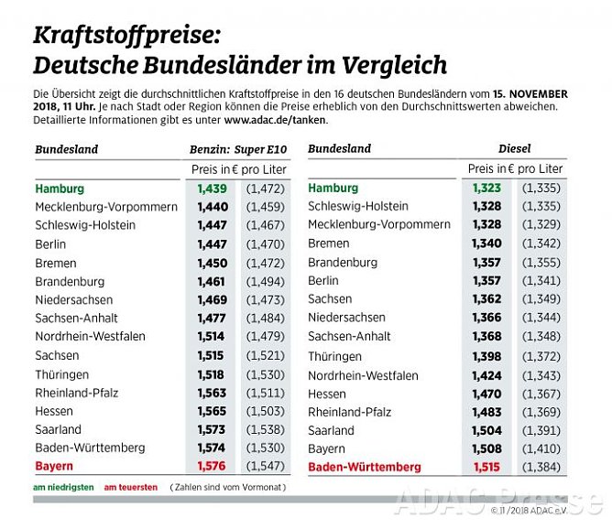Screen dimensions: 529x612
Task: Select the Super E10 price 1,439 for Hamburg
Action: pos(212,188)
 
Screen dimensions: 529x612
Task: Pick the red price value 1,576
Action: pos(212,466)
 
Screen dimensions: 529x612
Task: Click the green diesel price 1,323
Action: pos(486,188)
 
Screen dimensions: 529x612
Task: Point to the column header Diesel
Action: pos(514,148)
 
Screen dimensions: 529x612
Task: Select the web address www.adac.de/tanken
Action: pos(275,120)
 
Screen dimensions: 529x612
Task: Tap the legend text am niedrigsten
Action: pos(63,488)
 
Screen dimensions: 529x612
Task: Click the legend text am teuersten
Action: pos(130,488)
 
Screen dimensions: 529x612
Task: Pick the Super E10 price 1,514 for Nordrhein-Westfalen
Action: pos(212,336)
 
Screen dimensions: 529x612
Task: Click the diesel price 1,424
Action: pos(486,375)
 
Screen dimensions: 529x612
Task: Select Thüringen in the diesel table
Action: pos(334,357)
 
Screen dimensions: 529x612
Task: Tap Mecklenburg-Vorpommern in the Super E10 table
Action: pos(106,207)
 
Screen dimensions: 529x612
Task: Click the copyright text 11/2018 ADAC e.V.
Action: pos(547,510)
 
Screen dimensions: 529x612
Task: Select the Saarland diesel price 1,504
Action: pos(486,430)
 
